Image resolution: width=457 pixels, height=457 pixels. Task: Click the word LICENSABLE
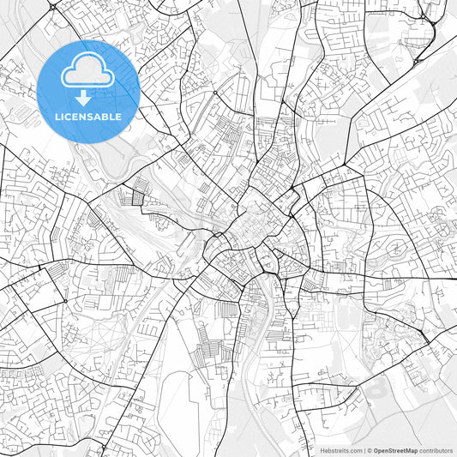pos(88,116)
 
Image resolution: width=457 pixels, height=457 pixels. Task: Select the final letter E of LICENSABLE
pos(118,116)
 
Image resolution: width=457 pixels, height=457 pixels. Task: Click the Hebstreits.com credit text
pos(340,450)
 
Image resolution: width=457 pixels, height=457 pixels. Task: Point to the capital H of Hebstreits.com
pos(322,450)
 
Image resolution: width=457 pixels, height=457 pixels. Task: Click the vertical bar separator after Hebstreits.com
pos(363,450)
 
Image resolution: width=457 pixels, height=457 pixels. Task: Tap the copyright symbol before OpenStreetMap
pos(370,450)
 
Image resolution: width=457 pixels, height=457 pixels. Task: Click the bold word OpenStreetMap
pos(395,450)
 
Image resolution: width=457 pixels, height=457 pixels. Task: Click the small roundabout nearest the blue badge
pos(213,92)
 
